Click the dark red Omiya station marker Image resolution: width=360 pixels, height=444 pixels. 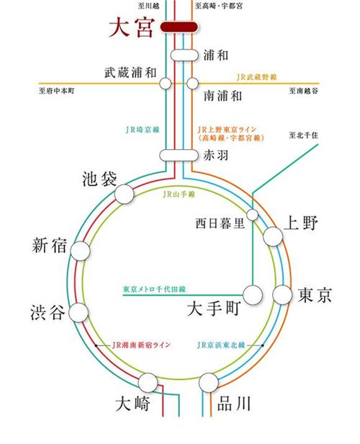[179, 27]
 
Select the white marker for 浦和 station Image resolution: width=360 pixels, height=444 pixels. [183, 55]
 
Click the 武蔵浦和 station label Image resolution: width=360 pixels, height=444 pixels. [130, 72]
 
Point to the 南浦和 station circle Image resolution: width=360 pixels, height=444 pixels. [192, 84]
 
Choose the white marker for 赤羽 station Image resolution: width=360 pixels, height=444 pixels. [177, 154]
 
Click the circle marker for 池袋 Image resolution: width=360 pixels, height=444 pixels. [125, 193]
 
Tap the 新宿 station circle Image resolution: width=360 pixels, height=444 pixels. [79, 250]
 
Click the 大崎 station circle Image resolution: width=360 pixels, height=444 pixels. [150, 382]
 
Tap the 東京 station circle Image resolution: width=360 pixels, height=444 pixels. [282, 294]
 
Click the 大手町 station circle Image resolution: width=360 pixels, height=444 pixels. [253, 294]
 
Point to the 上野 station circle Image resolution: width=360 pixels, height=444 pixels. [273, 236]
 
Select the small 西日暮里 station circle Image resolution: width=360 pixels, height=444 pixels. [253, 215]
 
